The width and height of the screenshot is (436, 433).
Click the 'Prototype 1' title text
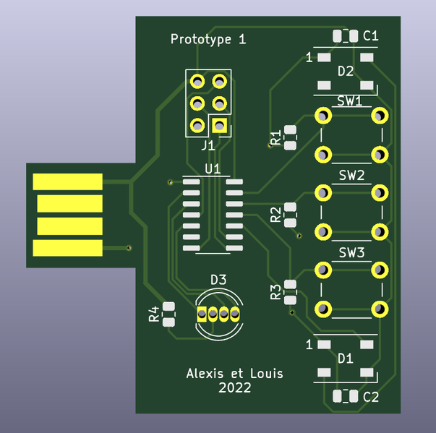[x=208, y=40]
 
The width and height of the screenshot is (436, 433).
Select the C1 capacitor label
[x=371, y=35]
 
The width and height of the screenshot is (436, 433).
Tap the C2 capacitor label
[x=371, y=396]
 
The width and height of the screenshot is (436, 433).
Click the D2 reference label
[x=346, y=71]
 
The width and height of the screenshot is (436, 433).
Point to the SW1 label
[x=350, y=101]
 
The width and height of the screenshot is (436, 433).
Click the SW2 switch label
[x=351, y=176]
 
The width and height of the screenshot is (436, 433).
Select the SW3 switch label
[x=351, y=253]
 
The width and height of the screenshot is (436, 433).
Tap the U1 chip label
[x=213, y=168]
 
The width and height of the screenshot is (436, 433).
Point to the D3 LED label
[x=218, y=279]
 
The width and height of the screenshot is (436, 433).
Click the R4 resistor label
[x=154, y=314]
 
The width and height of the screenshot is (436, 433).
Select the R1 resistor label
[x=275, y=137]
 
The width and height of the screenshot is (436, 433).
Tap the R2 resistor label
[x=275, y=214]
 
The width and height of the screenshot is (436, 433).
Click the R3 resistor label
[x=275, y=292]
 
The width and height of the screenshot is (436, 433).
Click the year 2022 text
[x=235, y=388]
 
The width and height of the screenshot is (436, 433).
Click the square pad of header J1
[x=221, y=126]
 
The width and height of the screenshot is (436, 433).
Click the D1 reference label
[x=346, y=359]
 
